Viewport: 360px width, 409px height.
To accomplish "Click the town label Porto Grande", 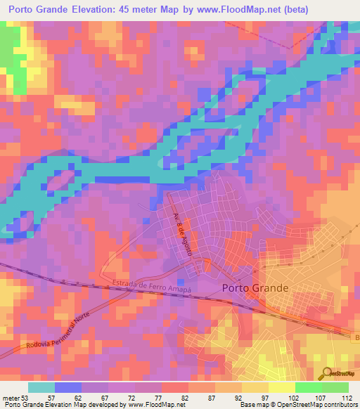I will (255, 287).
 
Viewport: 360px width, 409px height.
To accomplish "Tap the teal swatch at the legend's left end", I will (41, 387).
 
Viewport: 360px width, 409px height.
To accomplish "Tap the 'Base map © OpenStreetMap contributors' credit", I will (298, 405).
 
